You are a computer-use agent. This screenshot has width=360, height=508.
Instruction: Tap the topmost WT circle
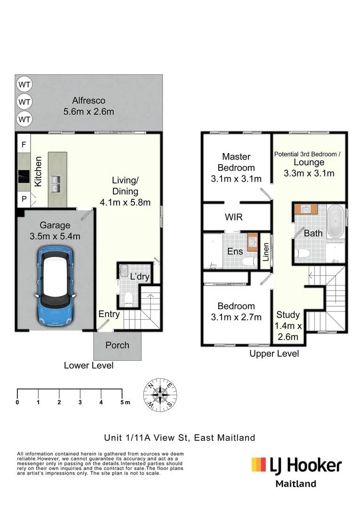pos(24,85)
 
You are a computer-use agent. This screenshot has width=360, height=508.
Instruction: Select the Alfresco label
pos(88,100)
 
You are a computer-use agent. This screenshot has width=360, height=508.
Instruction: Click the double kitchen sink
pos(56,183)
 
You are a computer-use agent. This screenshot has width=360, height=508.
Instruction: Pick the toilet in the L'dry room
pos(128,297)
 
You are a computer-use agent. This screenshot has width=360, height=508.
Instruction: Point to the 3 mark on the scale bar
pos(80,402)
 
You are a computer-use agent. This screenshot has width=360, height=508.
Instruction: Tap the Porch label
pos(117,345)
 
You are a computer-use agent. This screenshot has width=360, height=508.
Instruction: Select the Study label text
pos(288,315)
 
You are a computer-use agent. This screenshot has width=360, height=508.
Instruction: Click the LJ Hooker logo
pos(296,466)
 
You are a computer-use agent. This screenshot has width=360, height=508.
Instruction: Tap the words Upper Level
pos(274,354)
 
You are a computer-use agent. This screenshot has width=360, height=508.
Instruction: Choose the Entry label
pos(109,314)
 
